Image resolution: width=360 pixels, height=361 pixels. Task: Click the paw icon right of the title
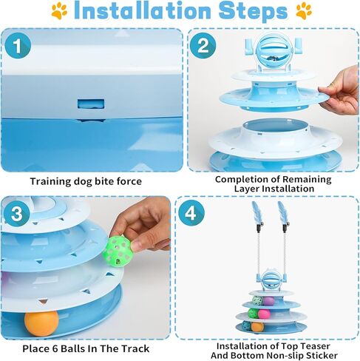[x=303, y=11]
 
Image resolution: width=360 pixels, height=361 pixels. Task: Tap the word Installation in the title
[x=144, y=12]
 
